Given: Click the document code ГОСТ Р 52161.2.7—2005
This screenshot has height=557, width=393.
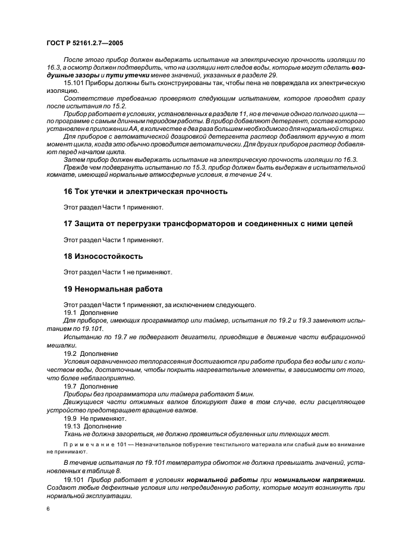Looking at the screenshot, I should tap(83, 43).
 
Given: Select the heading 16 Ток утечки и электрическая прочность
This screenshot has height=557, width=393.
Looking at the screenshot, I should tap(136, 192).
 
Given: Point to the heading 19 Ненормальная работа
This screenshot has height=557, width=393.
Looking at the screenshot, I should tap(112, 289).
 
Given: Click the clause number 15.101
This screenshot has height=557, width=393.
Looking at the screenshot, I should tap(73, 83).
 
